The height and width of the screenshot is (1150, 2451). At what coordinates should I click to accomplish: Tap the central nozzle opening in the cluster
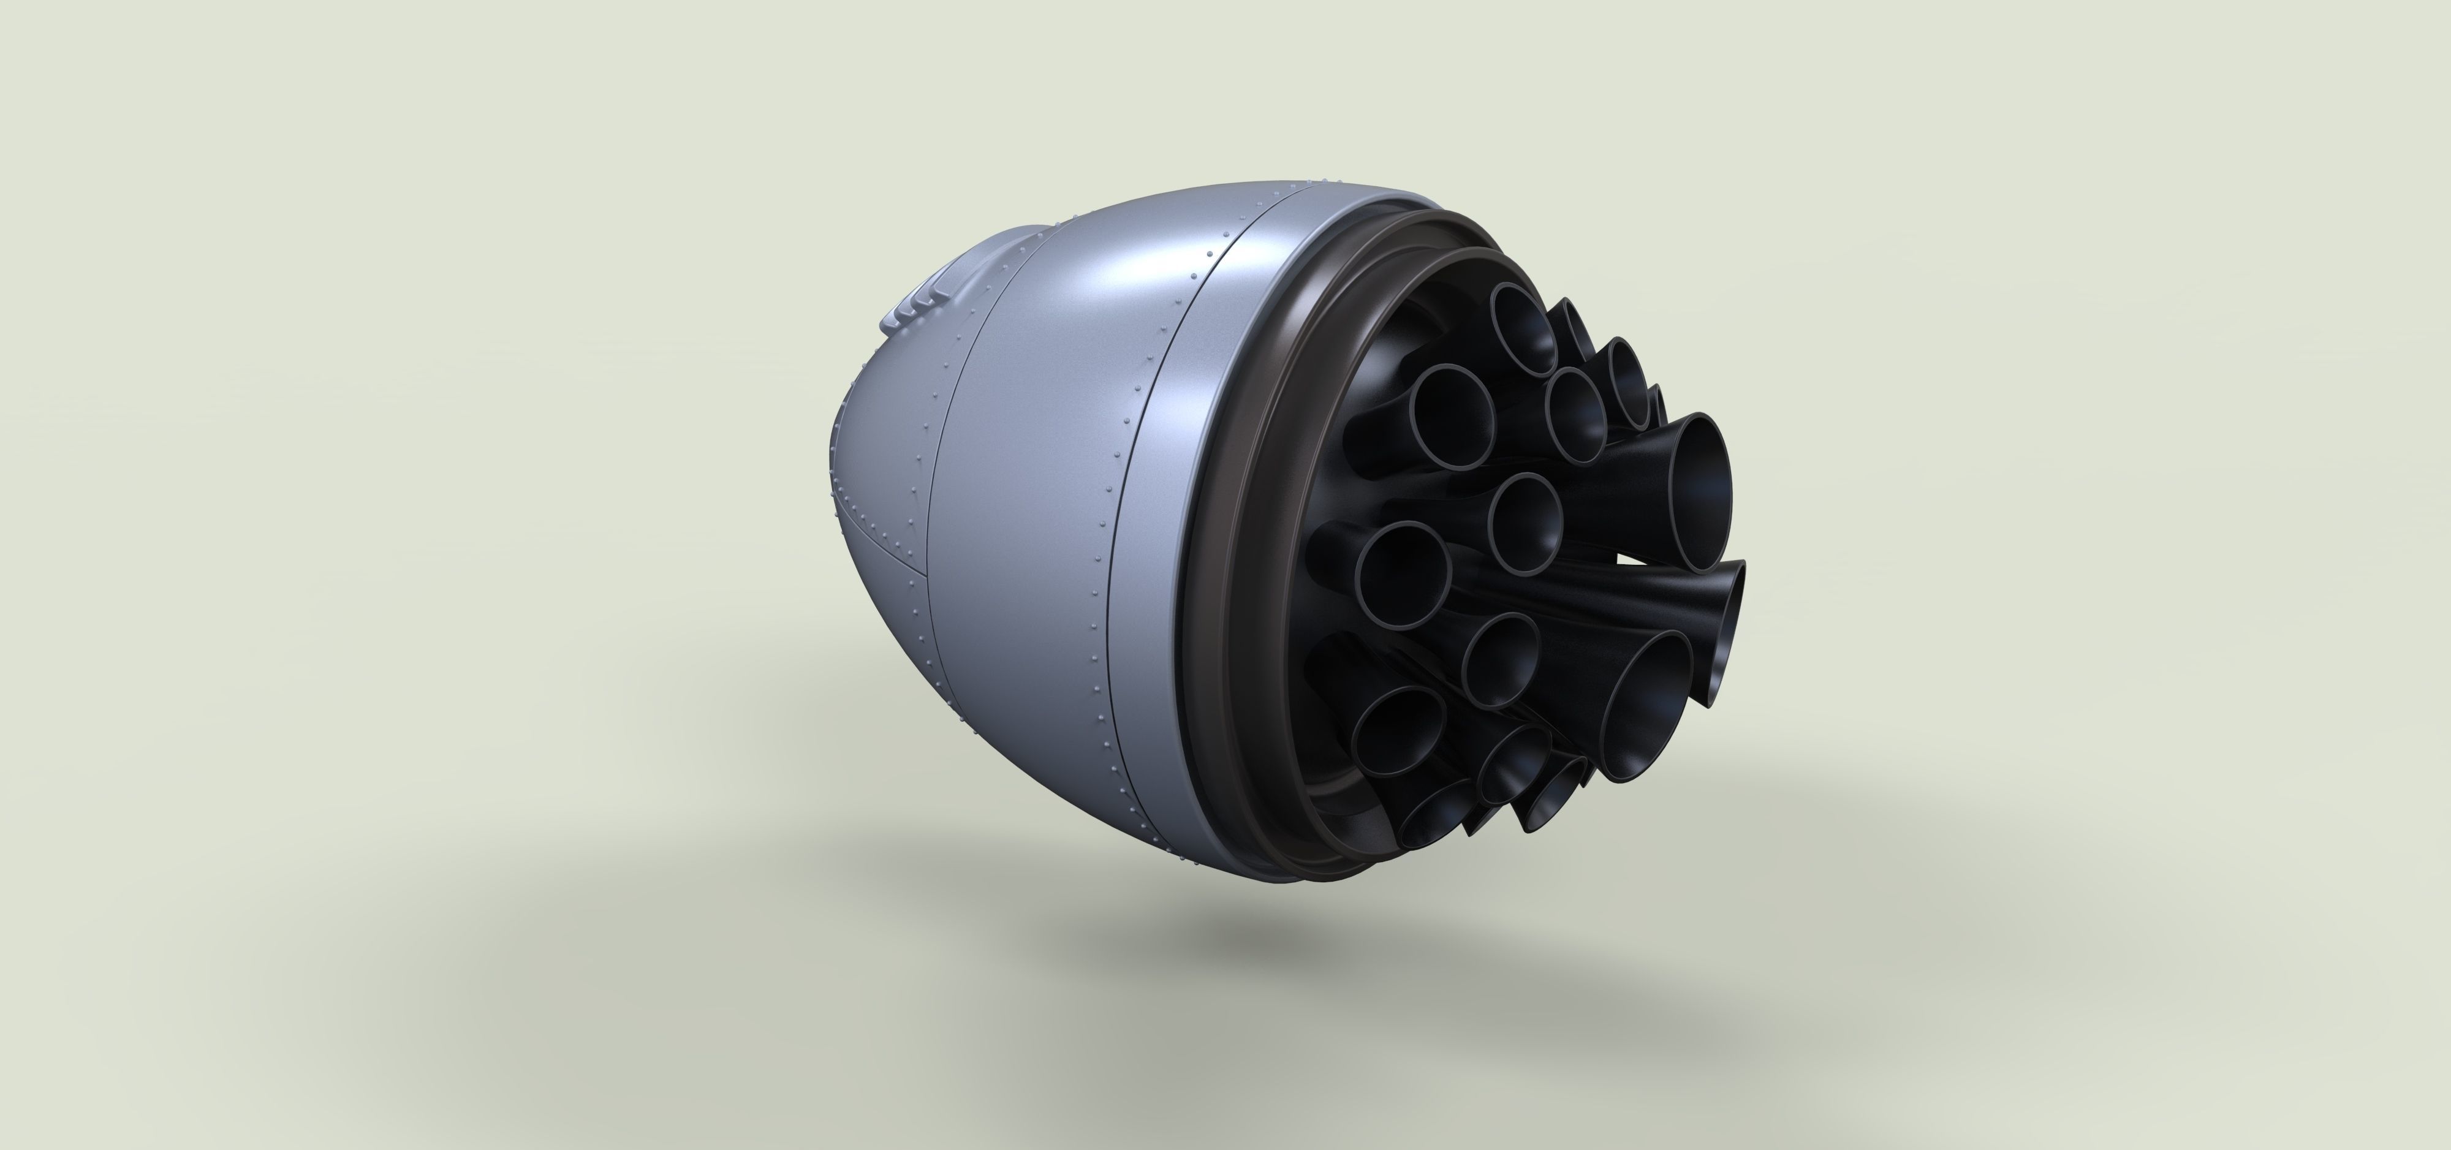[1525, 523]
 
